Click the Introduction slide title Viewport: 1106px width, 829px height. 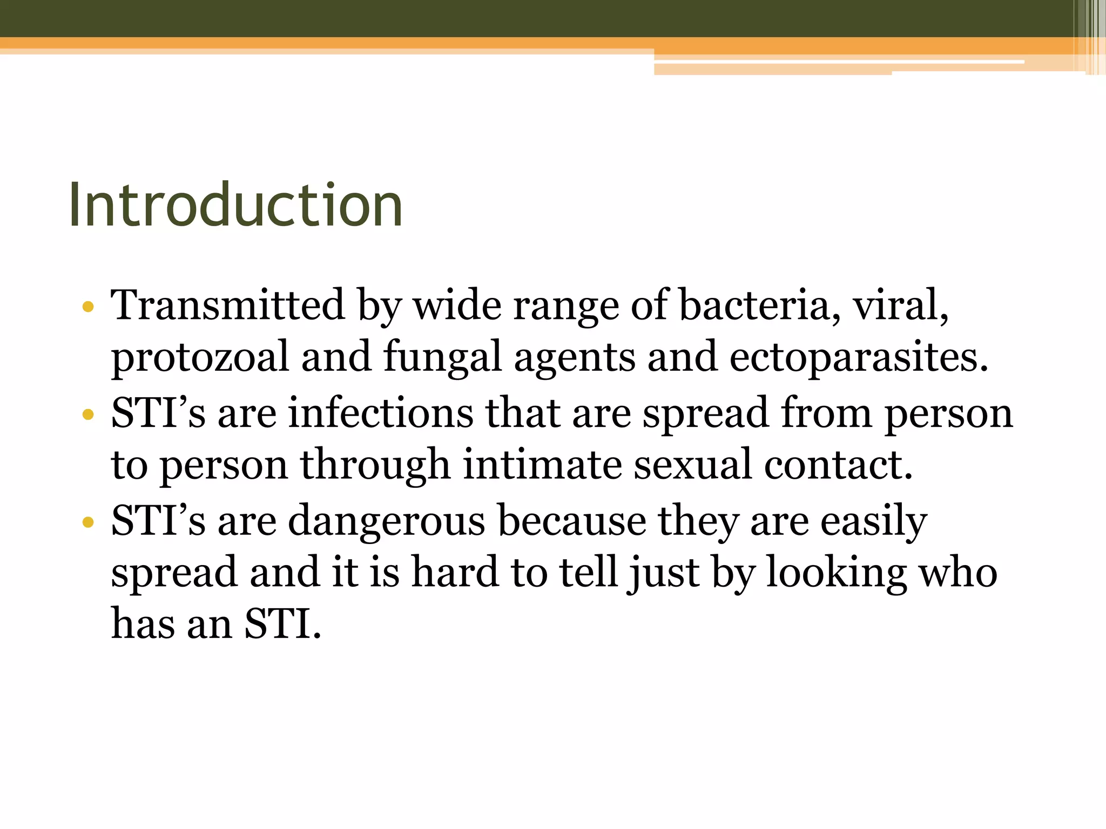(x=235, y=205)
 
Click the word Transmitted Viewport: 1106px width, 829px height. (x=227, y=305)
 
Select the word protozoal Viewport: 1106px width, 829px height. (x=200, y=358)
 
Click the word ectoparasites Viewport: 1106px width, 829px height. (x=859, y=358)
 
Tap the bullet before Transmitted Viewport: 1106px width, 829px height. (x=88, y=308)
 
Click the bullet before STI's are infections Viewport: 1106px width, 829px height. (x=88, y=415)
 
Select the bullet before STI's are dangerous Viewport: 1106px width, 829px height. (x=88, y=522)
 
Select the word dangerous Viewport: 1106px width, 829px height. (x=386, y=521)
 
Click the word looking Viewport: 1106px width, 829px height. (x=837, y=573)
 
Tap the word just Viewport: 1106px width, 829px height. (x=664, y=573)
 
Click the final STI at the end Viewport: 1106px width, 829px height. (x=282, y=624)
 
